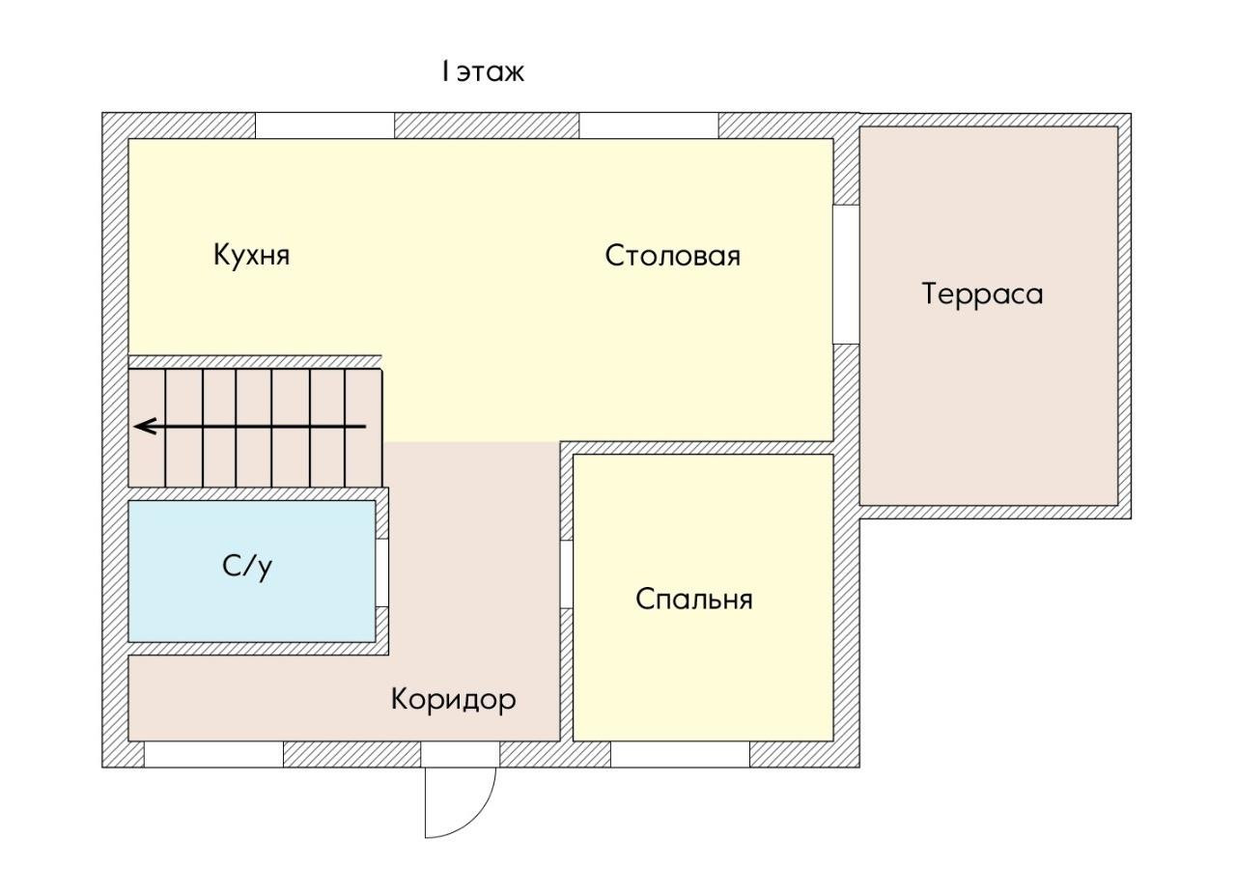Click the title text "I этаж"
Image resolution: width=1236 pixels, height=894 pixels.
point(483,72)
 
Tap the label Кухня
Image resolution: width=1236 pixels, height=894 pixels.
point(252,255)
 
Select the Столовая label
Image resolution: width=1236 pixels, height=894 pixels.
point(673,256)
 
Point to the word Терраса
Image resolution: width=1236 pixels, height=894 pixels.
point(982,293)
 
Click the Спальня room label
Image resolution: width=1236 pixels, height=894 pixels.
point(694,599)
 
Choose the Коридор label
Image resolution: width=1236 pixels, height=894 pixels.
point(454,701)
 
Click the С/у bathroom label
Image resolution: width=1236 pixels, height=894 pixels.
point(247,566)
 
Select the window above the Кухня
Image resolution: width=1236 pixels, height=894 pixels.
point(325,126)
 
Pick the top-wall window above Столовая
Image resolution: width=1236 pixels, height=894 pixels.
point(649,126)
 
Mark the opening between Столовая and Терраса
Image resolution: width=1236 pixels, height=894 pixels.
point(846,274)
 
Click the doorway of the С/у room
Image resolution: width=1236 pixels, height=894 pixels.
point(382,573)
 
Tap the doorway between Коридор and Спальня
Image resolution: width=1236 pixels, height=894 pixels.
point(567,573)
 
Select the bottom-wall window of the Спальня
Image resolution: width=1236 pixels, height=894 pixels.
point(681,754)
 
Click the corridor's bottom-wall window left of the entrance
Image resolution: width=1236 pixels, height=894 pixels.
point(213,754)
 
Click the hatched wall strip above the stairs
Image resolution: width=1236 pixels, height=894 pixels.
point(255,362)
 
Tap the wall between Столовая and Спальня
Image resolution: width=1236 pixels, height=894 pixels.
point(697,448)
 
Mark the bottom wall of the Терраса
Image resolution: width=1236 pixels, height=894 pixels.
point(996,512)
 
